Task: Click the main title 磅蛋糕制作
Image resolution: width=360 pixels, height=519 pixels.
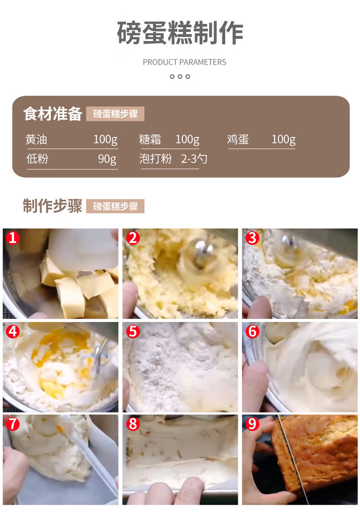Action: point(180,32)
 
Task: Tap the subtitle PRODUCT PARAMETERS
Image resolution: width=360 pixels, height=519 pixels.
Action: point(185,62)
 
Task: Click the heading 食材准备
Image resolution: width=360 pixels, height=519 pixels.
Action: point(52,114)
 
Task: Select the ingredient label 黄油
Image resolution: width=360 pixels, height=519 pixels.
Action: point(36,140)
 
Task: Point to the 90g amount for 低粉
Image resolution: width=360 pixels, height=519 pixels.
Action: point(107,159)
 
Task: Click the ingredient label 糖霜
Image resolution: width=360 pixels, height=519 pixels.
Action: point(150,140)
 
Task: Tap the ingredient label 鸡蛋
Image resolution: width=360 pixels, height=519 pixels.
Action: point(238,140)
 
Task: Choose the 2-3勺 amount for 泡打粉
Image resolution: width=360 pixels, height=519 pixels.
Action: point(194,159)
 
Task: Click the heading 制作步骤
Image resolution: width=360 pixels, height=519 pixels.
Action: point(52,206)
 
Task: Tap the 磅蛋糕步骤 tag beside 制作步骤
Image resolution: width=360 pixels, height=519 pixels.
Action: point(115,206)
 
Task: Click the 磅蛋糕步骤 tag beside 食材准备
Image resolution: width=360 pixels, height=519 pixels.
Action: point(115,114)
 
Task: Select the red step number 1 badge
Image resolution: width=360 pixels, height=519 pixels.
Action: point(13,238)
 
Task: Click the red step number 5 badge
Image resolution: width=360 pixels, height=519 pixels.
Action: point(133,331)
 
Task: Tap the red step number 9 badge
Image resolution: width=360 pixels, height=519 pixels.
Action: point(252,424)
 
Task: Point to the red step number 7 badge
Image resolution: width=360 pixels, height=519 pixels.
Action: point(13,424)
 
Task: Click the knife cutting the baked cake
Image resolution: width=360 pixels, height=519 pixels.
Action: point(293,460)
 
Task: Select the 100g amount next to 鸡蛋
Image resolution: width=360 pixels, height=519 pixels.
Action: point(283,140)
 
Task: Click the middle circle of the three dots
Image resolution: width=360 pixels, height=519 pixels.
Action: point(180,77)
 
